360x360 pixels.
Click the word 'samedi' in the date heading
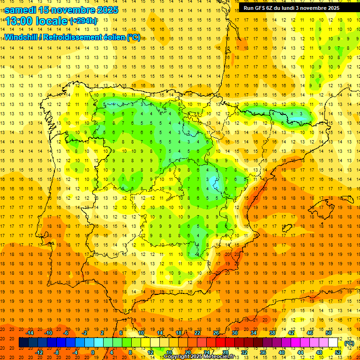21,10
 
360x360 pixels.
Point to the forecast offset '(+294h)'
83,21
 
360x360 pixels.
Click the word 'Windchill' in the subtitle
21,37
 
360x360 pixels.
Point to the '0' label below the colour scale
93,352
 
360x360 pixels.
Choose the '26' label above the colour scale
216,332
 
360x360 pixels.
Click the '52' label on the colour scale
338,352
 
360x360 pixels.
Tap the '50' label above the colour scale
329,332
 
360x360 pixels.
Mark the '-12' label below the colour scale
39,352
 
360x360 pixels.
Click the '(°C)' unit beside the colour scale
349,343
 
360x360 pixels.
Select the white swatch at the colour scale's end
333,343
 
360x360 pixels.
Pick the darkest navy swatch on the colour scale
23,343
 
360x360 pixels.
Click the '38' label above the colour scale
272,332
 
